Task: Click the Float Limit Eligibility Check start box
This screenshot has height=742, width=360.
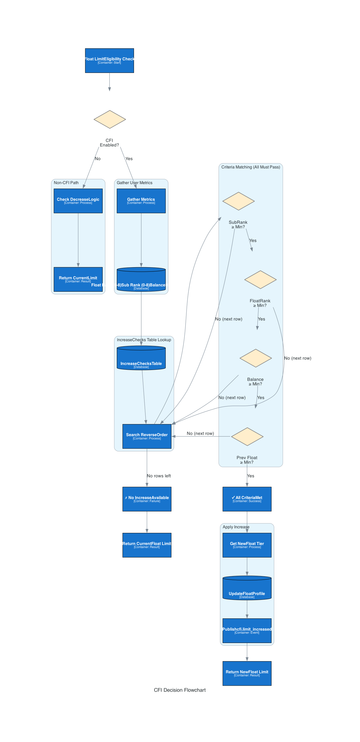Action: pyautogui.click(x=109, y=61)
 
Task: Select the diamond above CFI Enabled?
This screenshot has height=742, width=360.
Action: pyautogui.click(x=109, y=119)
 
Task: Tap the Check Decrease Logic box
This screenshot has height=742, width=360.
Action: pyautogui.click(x=78, y=201)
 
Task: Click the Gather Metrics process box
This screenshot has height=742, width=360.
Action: pyautogui.click(x=141, y=201)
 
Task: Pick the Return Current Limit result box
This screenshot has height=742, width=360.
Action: pyautogui.click(x=78, y=279)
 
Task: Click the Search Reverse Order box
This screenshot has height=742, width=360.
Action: pyautogui.click(x=147, y=436)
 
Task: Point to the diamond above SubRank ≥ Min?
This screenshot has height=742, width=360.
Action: pyautogui.click(x=238, y=201)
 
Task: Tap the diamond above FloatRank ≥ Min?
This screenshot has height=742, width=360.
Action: pyautogui.click(x=260, y=279)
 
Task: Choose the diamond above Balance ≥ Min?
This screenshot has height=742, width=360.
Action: pyautogui.click(x=256, y=358)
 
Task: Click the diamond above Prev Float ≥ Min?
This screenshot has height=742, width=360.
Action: pyautogui.click(x=247, y=436)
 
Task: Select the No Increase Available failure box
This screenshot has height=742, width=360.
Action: pyautogui.click(x=147, y=499)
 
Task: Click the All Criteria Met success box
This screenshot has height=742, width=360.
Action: pyautogui.click(x=247, y=499)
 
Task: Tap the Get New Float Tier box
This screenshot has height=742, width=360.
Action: pyautogui.click(x=247, y=545)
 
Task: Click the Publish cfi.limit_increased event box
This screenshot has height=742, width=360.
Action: pyautogui.click(x=247, y=631)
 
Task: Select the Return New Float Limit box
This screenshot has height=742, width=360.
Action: pyautogui.click(x=247, y=673)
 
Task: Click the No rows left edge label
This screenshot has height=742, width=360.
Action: pyautogui.click(x=159, y=476)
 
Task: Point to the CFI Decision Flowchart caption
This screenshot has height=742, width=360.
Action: pyautogui.click(x=179, y=690)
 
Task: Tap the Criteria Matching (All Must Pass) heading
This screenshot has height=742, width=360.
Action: pyautogui.click(x=251, y=167)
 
